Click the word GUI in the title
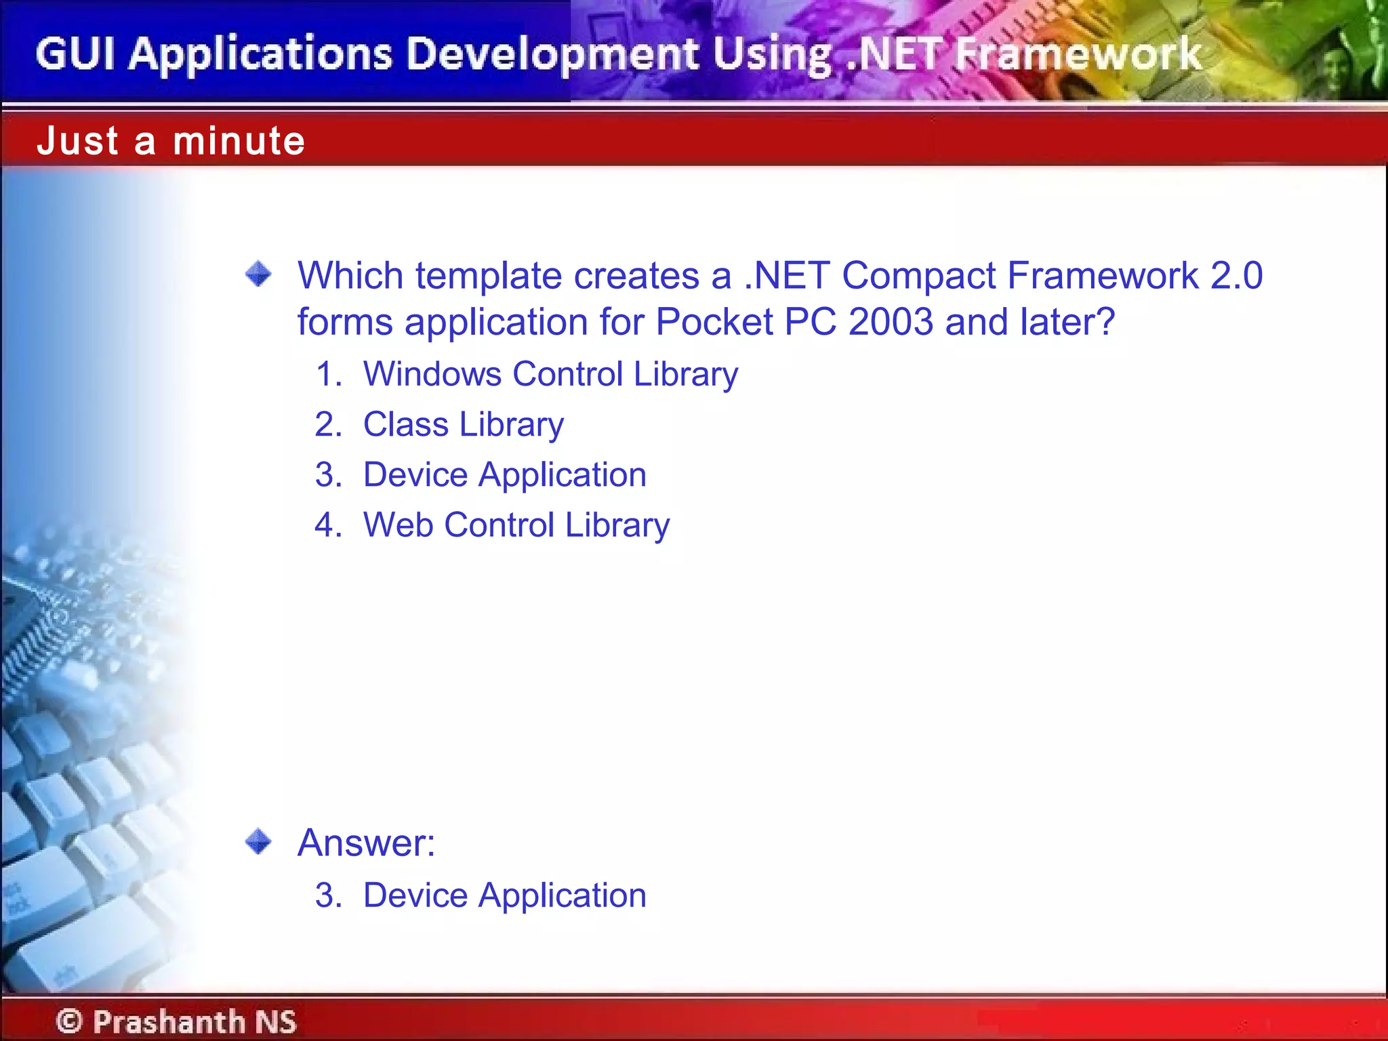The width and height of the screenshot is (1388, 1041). (75, 54)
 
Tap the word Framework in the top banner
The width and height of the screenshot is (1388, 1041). (1078, 54)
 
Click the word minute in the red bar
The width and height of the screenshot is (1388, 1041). (239, 141)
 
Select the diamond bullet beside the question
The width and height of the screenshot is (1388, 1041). (258, 274)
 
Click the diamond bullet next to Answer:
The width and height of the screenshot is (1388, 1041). (258, 842)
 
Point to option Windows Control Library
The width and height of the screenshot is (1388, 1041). (550, 374)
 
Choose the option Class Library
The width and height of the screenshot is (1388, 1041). (464, 425)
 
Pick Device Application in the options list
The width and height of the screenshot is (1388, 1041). (505, 475)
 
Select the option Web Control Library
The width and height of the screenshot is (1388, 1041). (516, 525)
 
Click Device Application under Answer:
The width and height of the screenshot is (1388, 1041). (505, 895)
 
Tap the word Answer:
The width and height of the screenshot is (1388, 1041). (366, 842)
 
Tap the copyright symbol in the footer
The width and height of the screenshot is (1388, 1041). (69, 1021)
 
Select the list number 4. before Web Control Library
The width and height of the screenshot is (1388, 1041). (329, 525)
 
